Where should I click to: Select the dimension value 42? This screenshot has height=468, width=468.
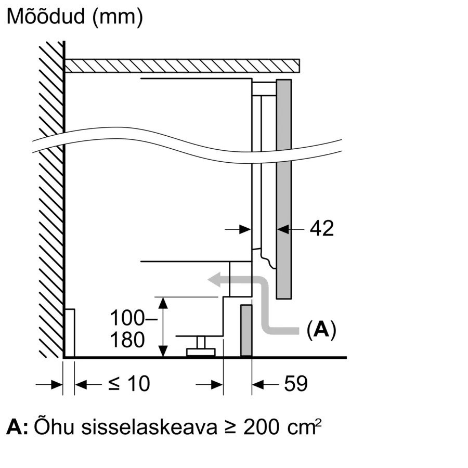[x=321, y=228]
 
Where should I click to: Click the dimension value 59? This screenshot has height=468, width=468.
[x=296, y=384]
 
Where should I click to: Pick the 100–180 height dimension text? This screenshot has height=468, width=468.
[x=127, y=328]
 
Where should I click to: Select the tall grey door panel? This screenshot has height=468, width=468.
[x=283, y=190]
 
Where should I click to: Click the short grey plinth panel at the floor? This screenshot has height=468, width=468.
[x=246, y=331]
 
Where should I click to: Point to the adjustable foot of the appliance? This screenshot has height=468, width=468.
[x=201, y=347]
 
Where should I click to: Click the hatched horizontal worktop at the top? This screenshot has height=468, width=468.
[x=182, y=66]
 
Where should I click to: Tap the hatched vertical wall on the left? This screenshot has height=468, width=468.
[x=51, y=208]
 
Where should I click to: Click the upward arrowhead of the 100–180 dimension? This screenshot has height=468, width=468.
[x=163, y=302]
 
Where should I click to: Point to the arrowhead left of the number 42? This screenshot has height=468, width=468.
[x=283, y=228]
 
